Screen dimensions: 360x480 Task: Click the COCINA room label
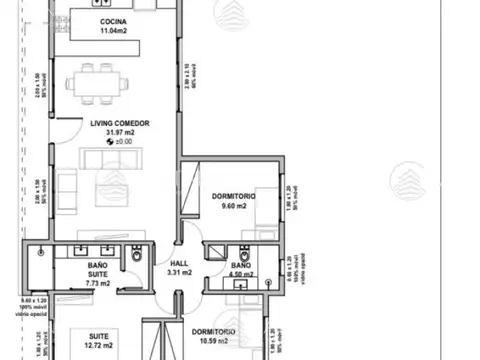point(113,22)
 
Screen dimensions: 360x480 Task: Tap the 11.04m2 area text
point(113,32)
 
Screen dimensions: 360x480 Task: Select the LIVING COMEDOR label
point(113,124)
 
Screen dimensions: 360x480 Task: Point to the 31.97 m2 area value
point(113,134)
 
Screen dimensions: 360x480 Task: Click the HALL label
point(178,262)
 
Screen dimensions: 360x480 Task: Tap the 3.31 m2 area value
point(178,271)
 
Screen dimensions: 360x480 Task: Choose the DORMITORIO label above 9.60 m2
point(234,197)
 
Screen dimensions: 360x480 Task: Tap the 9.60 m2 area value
point(234,208)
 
